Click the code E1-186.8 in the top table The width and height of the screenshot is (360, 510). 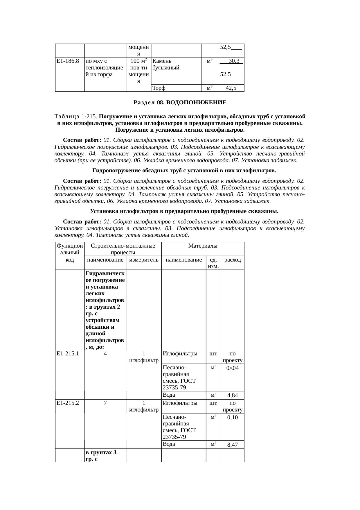[68, 61]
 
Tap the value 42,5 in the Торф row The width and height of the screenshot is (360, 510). [231, 88]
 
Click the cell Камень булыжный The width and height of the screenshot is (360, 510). [166, 65]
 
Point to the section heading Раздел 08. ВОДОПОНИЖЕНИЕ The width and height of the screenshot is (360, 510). [180, 103]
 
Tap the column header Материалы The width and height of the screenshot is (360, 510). [203, 246]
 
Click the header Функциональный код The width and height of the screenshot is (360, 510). [70, 253]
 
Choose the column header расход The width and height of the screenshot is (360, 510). [232, 260]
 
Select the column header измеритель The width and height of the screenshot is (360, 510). [144, 260]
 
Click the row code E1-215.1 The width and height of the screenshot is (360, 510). [68, 354]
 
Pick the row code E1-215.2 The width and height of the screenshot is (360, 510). [68, 403]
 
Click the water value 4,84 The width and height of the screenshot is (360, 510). [232, 396]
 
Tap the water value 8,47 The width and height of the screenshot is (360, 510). [232, 445]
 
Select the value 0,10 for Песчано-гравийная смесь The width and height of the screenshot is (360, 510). [232, 417]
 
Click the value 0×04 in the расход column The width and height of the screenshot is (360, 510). [232, 368]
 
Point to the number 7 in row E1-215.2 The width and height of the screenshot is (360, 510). [105, 403]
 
